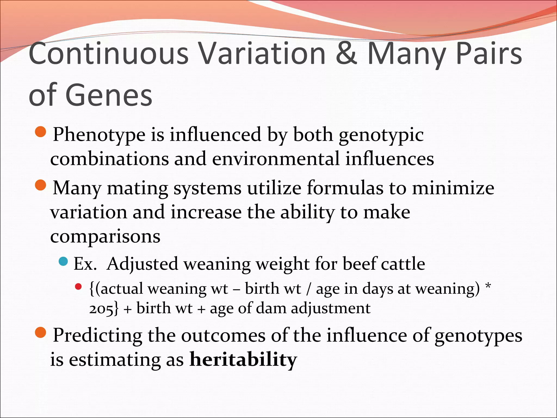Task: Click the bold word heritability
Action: tap(243, 359)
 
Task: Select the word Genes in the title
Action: tap(109, 96)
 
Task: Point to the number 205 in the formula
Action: tap(100, 309)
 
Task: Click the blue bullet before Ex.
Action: tap(63, 262)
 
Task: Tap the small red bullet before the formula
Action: tap(78, 286)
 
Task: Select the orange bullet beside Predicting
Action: tap(41, 333)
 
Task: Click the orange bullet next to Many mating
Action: tap(41, 186)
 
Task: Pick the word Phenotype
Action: tap(99, 135)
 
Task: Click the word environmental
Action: tap(276, 159)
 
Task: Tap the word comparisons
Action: tap(105, 236)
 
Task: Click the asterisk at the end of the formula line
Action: tap(488, 287)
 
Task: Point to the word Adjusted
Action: tap(142, 264)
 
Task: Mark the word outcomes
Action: tap(223, 335)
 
